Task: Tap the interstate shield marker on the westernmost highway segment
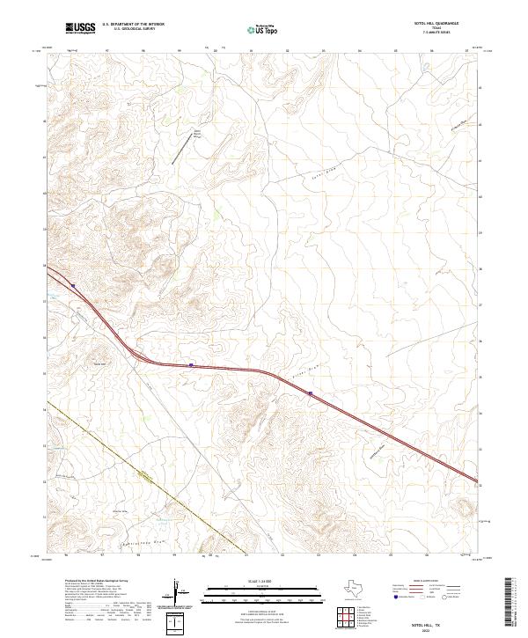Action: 75,286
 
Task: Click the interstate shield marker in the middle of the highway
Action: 191,364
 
